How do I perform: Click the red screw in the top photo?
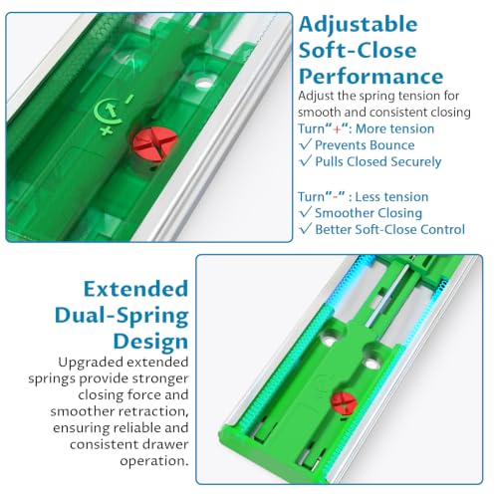pyautogui.click(x=154, y=144)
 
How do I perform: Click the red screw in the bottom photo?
pyautogui.click(x=345, y=403)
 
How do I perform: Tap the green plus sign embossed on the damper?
pyautogui.click(x=107, y=130)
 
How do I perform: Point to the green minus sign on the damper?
pyautogui.click(x=129, y=99)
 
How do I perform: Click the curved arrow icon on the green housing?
pyautogui.click(x=108, y=113)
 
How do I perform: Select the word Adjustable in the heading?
pyautogui.click(x=358, y=25)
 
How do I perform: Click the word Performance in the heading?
pyautogui.click(x=371, y=77)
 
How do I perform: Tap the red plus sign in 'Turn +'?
pyautogui.click(x=337, y=128)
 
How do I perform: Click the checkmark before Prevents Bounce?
pyautogui.click(x=306, y=144)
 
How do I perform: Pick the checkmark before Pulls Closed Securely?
pyautogui.click(x=306, y=160)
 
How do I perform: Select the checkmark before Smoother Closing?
pyautogui.click(x=306, y=212)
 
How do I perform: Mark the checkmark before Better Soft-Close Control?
pyautogui.click(x=306, y=228)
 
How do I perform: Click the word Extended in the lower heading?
pyautogui.click(x=135, y=289)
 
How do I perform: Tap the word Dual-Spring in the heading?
pyautogui.click(x=122, y=316)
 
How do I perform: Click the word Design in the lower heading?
pyautogui.click(x=150, y=342)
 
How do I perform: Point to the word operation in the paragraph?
pyautogui.click(x=154, y=461)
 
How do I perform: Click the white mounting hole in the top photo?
pyautogui.click(x=204, y=83)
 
